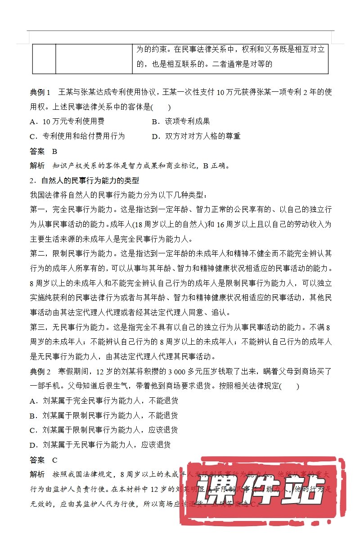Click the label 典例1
40,92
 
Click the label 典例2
40,372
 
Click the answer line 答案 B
44,151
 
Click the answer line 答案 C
44,460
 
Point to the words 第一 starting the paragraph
37,210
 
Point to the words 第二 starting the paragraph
37,254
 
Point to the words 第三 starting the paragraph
37,327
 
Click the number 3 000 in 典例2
166,372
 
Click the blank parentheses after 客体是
161,107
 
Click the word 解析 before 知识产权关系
37,166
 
